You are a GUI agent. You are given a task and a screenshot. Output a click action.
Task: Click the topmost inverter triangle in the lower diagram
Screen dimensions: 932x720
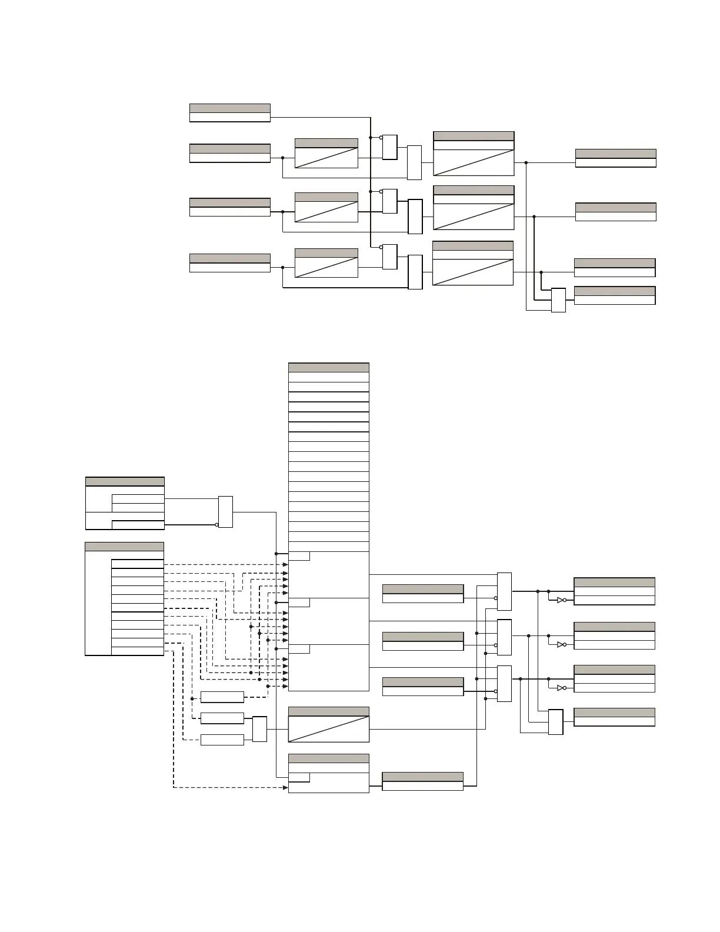tap(561, 600)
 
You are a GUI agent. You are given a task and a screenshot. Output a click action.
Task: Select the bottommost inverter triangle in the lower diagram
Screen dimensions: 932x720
tap(561, 688)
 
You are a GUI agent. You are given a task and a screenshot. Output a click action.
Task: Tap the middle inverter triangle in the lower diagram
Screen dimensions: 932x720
tap(561, 644)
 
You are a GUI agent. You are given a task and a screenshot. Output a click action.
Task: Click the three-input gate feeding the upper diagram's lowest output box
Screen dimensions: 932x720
tap(558, 300)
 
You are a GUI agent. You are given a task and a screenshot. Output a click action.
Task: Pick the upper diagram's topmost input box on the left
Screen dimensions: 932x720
tap(230, 113)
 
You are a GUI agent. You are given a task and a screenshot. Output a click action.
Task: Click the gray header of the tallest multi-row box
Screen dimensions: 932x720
tap(329, 368)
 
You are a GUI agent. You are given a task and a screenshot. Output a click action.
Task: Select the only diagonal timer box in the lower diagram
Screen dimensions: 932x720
tap(329, 729)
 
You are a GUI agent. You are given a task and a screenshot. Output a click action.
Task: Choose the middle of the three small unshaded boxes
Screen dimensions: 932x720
tap(222, 718)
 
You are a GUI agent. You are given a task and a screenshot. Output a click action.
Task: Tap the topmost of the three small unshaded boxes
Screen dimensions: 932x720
tap(222, 697)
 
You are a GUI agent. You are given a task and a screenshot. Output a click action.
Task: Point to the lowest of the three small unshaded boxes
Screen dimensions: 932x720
tap(222, 740)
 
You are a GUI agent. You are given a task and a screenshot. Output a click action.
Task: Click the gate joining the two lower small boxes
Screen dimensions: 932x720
tap(259, 729)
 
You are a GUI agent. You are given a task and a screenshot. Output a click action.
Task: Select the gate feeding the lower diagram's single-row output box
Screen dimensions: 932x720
tap(555, 722)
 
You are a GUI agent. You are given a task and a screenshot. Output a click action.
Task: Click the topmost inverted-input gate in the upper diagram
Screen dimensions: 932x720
tap(390, 147)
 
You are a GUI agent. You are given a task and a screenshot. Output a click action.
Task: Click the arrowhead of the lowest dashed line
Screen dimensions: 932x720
tap(285, 787)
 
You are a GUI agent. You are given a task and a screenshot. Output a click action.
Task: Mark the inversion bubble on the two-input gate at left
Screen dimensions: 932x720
tap(217, 525)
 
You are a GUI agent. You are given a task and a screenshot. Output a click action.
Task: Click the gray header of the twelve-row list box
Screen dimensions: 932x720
tap(124, 547)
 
